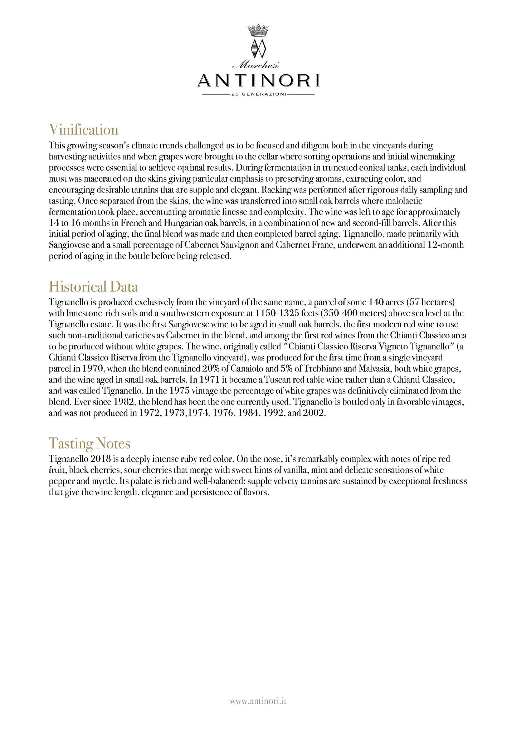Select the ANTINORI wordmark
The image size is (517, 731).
click(x=258, y=80)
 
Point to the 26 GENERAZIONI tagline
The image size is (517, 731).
click(x=258, y=95)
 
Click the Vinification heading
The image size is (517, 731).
click(x=83, y=129)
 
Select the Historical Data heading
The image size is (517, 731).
click(x=93, y=287)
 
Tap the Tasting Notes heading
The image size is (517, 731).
click(x=89, y=443)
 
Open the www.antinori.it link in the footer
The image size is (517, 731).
click(x=258, y=702)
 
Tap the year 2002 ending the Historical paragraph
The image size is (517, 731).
click(x=314, y=413)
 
